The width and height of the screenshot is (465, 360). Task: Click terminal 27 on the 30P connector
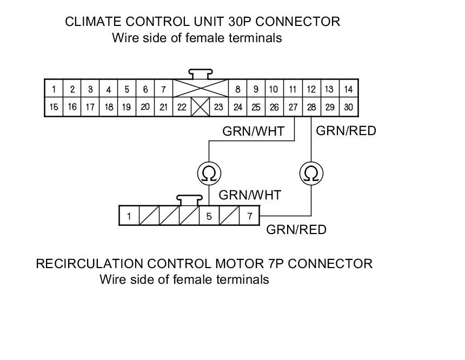(293, 107)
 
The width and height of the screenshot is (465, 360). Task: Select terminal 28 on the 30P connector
(311, 107)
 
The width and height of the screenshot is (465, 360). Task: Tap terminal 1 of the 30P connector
(54, 89)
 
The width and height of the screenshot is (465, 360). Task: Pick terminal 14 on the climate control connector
(348, 89)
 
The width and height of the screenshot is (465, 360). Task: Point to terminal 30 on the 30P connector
(348, 107)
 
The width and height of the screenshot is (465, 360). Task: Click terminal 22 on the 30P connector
(182, 107)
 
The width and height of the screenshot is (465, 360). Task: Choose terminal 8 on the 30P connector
(238, 89)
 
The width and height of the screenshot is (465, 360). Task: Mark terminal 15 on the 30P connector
(54, 107)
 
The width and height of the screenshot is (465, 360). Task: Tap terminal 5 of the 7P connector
(209, 216)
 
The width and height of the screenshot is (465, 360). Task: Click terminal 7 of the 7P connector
(249, 216)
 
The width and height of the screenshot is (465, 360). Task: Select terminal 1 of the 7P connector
(129, 216)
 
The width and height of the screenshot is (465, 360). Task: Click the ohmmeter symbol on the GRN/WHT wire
(209, 174)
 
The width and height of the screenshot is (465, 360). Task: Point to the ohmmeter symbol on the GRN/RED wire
(311, 174)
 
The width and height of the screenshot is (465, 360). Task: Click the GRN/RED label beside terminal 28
(346, 130)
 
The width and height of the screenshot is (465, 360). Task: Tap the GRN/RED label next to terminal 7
(296, 230)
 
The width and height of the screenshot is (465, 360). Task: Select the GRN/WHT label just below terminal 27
(253, 131)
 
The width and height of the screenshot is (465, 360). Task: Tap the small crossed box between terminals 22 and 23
(201, 107)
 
